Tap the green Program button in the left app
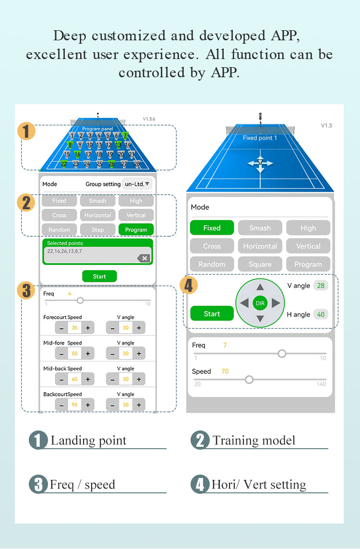click(x=136, y=229)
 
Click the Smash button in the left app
click(x=97, y=201)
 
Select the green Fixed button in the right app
click(x=212, y=228)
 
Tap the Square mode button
click(x=260, y=264)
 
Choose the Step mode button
click(x=97, y=229)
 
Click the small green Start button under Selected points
click(x=99, y=276)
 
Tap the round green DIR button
click(x=260, y=303)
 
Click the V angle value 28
click(x=321, y=286)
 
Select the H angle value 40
click(x=321, y=314)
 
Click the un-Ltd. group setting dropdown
click(x=137, y=184)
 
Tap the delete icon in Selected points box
click(x=143, y=258)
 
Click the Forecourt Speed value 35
click(x=74, y=328)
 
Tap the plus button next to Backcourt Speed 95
click(x=88, y=405)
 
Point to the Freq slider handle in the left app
click(x=80, y=300)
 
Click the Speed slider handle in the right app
click(x=249, y=380)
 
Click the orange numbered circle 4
click(x=189, y=286)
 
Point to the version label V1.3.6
click(x=149, y=119)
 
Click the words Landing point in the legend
click(x=88, y=441)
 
